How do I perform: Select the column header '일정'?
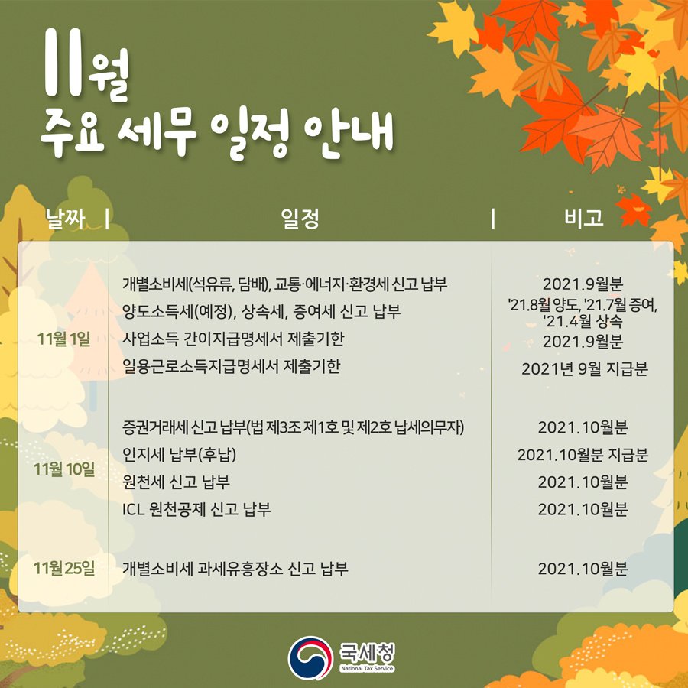coord(300,219)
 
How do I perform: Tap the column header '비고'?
coord(583,219)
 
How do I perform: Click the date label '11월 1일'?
coord(63,339)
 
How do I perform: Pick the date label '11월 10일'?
coord(65,469)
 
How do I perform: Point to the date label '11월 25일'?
coord(65,569)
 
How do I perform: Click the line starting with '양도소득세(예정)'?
coord(262,312)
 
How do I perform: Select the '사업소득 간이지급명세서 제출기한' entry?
coord(247,339)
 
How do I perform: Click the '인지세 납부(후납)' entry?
coord(180,455)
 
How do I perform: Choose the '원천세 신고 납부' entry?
coord(177,482)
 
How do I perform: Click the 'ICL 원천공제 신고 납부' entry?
coord(197,509)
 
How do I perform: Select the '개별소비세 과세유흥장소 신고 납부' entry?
coord(235,569)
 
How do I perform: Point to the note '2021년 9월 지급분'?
coord(584,369)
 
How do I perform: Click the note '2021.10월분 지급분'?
coord(583,456)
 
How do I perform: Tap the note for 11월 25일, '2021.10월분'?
coord(583,569)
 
